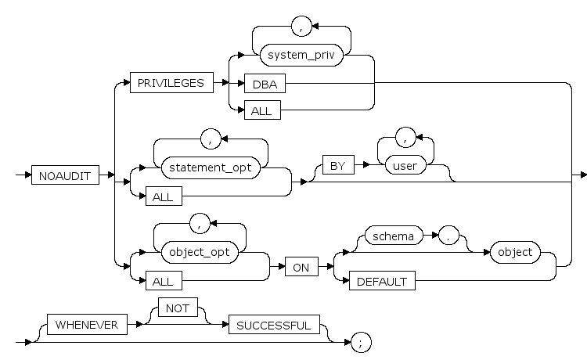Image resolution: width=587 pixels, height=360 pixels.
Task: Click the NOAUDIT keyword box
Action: [x=66, y=176]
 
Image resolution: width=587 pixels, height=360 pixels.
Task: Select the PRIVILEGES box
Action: [x=171, y=83]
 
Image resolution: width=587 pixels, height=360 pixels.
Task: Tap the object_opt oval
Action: [x=201, y=252]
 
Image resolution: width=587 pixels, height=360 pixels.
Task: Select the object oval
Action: [x=513, y=252]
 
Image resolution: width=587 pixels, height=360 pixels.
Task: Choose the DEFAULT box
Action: [x=382, y=281]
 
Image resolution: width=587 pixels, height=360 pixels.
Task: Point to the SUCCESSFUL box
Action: [x=274, y=325]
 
